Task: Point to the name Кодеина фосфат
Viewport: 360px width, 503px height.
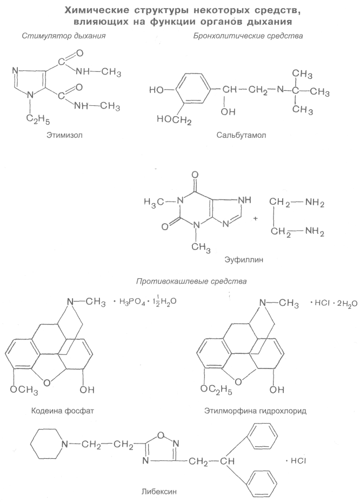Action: pos(63,411)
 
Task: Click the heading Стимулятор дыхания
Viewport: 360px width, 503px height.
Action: pos(63,36)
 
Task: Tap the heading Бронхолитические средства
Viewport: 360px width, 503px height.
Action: pos(248,36)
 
